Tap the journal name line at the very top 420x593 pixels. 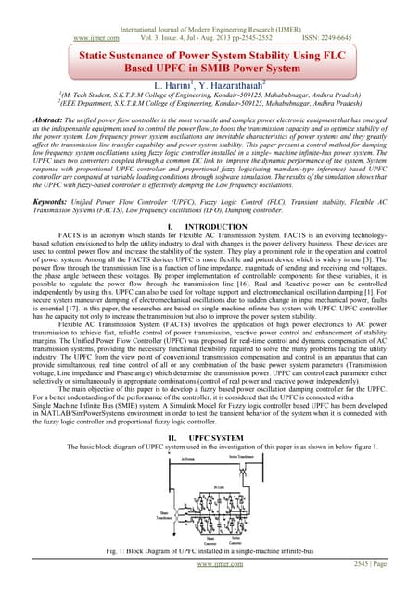click(x=210, y=6)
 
